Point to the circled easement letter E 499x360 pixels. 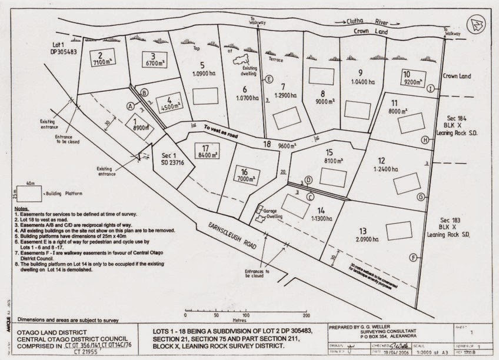point(270,79)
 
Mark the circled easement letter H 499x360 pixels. point(424,139)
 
